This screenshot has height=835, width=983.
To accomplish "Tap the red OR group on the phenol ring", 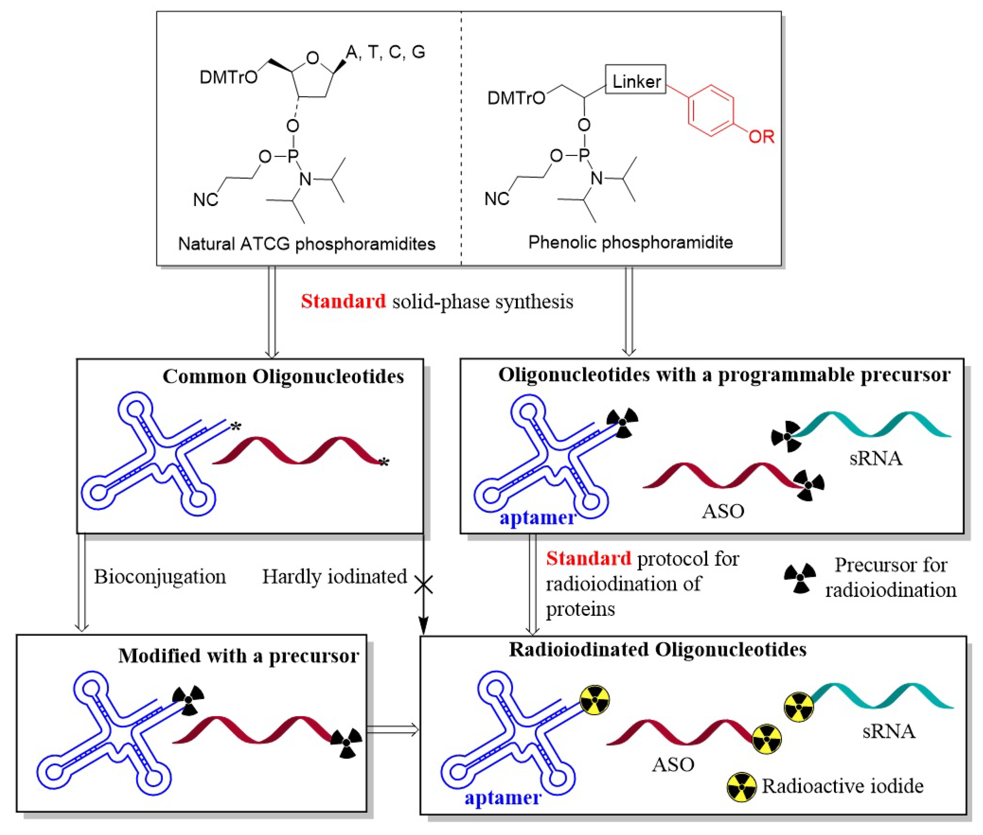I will pyautogui.click(x=761, y=137).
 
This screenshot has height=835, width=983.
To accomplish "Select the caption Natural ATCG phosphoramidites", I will pyautogui.click(x=306, y=244).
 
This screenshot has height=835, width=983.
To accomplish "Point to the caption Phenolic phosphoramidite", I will pyautogui.click(x=630, y=242).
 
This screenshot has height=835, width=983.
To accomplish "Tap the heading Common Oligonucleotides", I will pyautogui.click(x=283, y=377).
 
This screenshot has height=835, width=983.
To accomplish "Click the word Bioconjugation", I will pyautogui.click(x=159, y=577).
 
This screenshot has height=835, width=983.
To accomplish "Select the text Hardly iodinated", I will pyautogui.click(x=334, y=577).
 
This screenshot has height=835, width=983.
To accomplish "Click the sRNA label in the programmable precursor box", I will pyautogui.click(x=875, y=459).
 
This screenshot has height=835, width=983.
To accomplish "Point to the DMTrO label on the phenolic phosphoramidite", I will pyautogui.click(x=516, y=98).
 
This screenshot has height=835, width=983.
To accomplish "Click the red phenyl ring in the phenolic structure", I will pyautogui.click(x=711, y=111).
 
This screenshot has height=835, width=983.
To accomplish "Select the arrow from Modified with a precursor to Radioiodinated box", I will pyautogui.click(x=393, y=730).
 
